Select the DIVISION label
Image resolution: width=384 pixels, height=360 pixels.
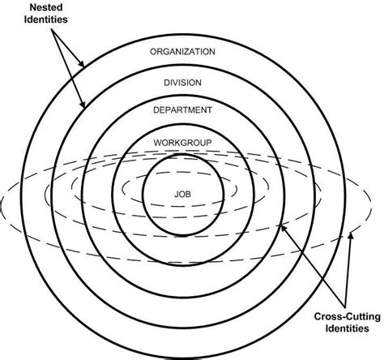[x=183, y=82]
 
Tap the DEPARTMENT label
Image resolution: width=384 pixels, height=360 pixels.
[x=183, y=110]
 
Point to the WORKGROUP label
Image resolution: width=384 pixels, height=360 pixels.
[x=183, y=143]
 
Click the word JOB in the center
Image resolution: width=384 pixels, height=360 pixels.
[x=183, y=195]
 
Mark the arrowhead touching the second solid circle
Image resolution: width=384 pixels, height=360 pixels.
[x=85, y=105]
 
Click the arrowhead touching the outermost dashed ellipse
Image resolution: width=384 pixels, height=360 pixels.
[x=351, y=236]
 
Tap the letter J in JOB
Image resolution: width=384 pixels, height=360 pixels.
[x=177, y=195]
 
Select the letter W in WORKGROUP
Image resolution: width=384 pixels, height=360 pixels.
[x=157, y=143]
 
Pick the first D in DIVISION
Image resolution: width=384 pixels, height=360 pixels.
[x=166, y=82]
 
